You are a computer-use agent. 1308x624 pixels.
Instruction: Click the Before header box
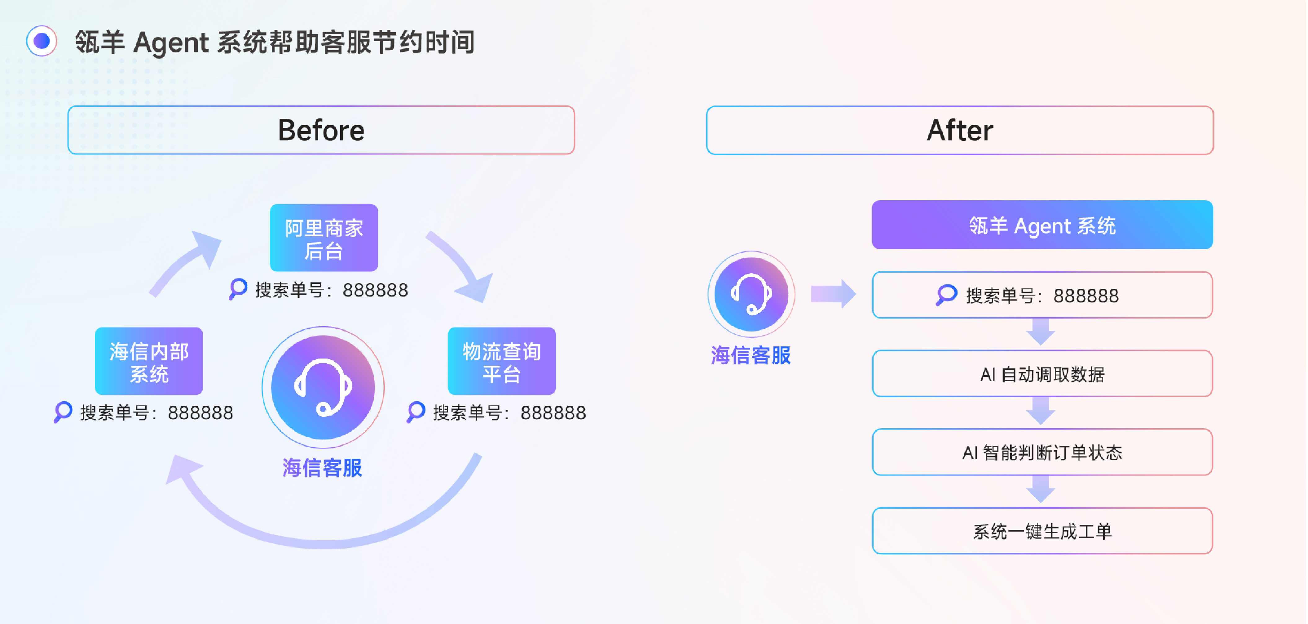pyautogui.click(x=321, y=130)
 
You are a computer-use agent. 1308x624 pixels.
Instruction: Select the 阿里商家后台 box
pyautogui.click(x=324, y=238)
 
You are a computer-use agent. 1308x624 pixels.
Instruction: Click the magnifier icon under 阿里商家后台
pyautogui.click(x=238, y=289)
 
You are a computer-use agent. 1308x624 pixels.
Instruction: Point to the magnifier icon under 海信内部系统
pyautogui.click(x=63, y=412)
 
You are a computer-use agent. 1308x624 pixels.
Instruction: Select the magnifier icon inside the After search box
pyautogui.click(x=946, y=295)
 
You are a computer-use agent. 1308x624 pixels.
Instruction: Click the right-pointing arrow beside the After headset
pyautogui.click(x=833, y=294)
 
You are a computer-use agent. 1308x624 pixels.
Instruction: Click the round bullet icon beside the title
pyautogui.click(x=42, y=41)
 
